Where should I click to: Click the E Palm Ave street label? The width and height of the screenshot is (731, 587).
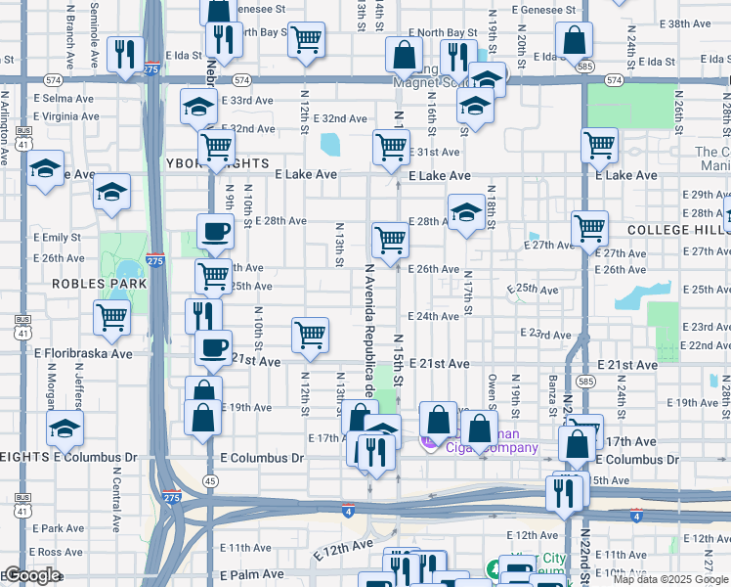251,574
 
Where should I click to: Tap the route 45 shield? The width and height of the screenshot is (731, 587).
210,480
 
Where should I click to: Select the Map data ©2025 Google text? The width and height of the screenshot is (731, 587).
670,579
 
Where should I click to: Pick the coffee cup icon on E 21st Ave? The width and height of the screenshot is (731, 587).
213,347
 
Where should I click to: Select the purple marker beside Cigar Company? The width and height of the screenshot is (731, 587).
427,442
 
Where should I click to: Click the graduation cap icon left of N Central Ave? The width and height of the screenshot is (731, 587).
64,427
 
